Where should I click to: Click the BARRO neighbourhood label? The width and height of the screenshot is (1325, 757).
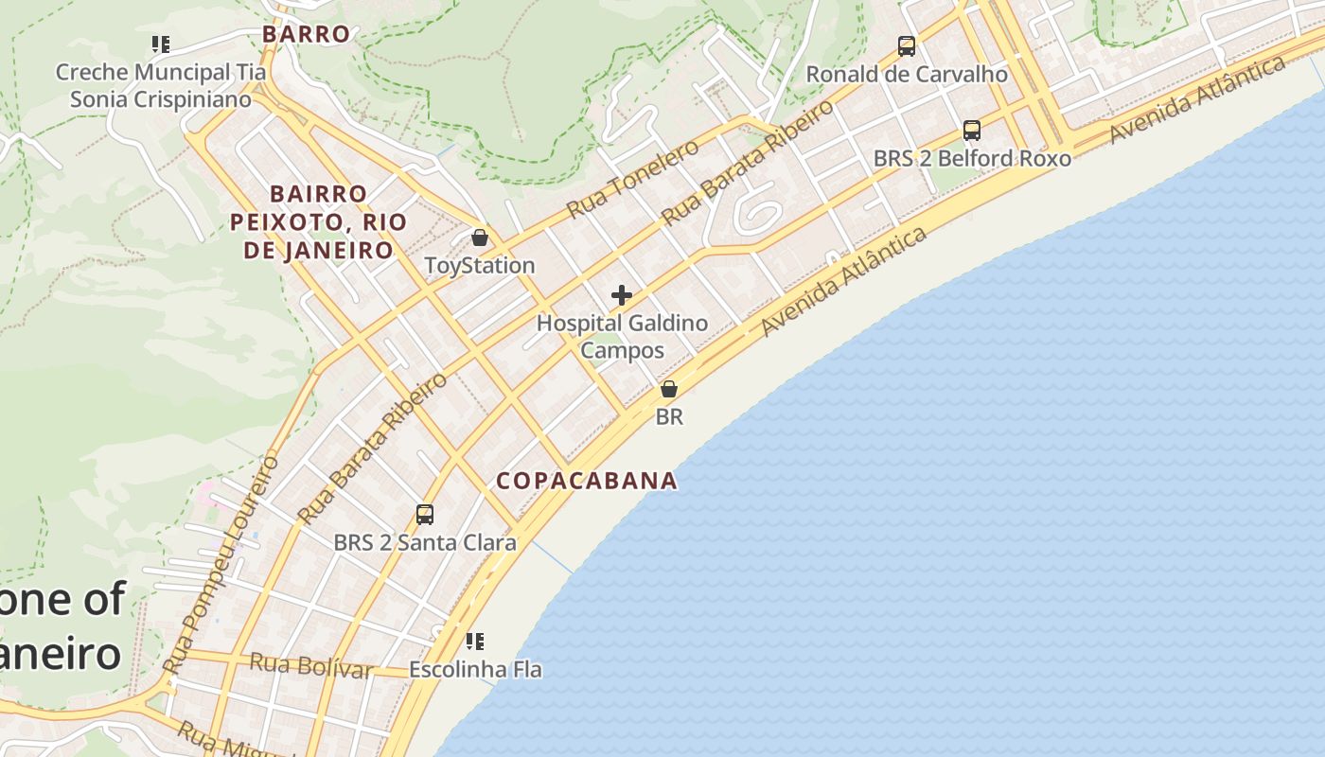(x=306, y=34)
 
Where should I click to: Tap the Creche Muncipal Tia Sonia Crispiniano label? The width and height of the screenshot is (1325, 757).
(x=161, y=85)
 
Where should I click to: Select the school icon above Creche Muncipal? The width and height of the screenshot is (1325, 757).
(x=161, y=44)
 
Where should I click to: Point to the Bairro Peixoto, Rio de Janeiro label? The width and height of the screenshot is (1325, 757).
(x=318, y=222)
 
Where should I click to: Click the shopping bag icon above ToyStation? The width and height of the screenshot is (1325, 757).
(x=480, y=237)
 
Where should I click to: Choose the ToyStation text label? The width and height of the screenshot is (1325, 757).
(x=480, y=265)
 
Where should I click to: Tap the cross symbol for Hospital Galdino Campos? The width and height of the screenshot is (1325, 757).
(x=622, y=295)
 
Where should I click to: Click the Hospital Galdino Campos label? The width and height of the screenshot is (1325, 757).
(x=622, y=336)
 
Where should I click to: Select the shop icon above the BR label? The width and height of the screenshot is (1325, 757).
(x=669, y=388)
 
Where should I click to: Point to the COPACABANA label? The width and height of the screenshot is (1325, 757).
(x=587, y=481)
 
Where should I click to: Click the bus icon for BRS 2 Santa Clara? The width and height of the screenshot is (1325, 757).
(x=425, y=515)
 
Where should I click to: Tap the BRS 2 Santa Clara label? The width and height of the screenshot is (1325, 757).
(x=425, y=542)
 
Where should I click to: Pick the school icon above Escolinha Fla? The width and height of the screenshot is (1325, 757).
(x=475, y=642)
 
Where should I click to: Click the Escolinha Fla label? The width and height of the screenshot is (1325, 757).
(x=475, y=669)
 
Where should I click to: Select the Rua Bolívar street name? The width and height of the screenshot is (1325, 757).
(x=310, y=665)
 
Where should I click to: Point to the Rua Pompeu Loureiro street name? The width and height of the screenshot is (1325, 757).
(x=221, y=565)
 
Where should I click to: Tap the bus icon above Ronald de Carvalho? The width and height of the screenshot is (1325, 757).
(x=907, y=45)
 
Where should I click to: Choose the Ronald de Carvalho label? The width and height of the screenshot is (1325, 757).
(x=907, y=74)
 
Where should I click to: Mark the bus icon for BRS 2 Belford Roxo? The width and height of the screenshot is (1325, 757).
(x=972, y=131)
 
